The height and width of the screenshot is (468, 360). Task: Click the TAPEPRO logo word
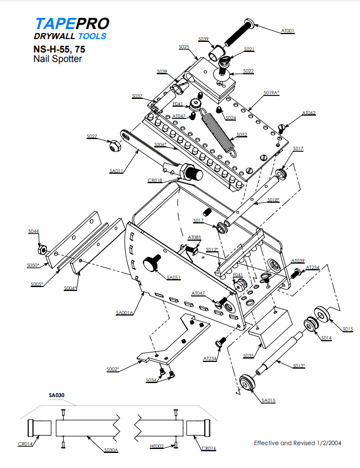[x=71, y=23]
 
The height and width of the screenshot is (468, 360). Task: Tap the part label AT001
[x=287, y=31]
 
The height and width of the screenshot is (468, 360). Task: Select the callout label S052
[x=241, y=135]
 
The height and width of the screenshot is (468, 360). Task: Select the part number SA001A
[x=124, y=313]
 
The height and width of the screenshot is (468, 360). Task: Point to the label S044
[x=33, y=231]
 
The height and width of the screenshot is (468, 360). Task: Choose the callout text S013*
[x=299, y=366]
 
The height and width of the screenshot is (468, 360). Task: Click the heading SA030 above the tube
[x=57, y=395]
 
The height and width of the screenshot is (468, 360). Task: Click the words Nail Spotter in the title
[x=57, y=58]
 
